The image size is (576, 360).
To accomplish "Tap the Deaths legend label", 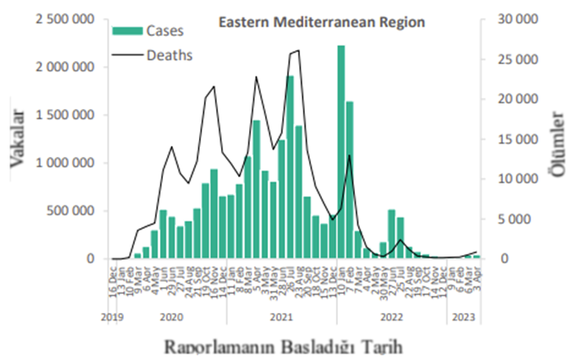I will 169,55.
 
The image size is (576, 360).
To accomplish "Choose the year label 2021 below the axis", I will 281,318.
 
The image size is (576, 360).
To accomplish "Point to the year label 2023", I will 465,318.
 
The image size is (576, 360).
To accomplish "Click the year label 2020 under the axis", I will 170,318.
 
